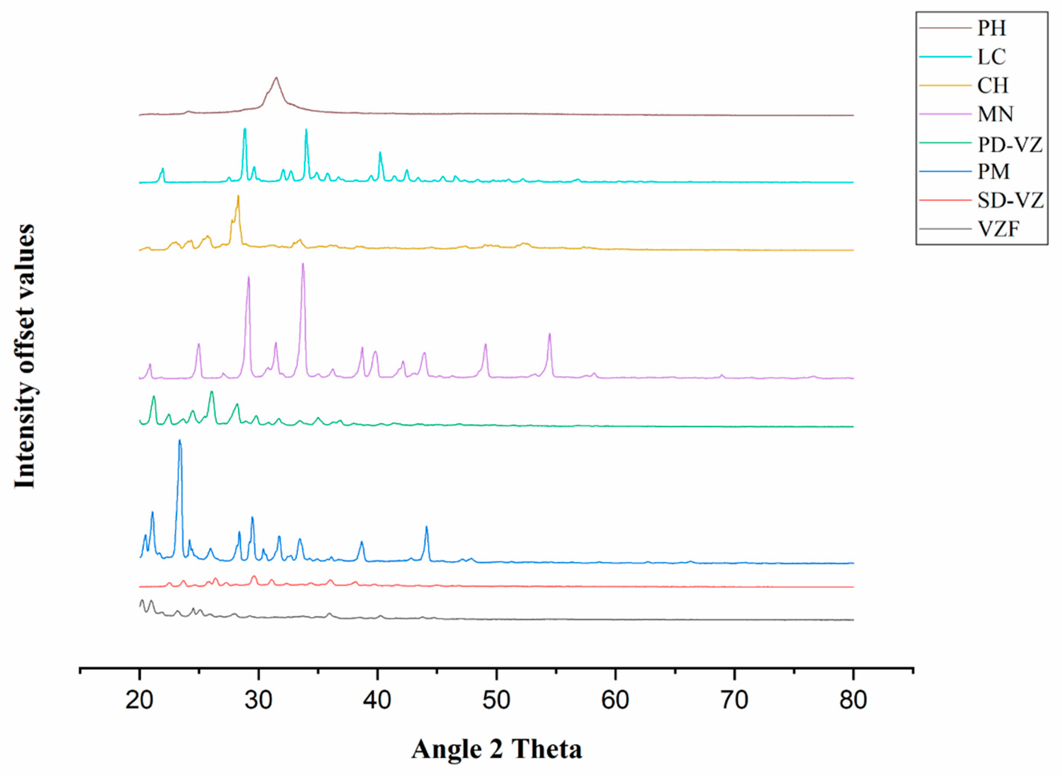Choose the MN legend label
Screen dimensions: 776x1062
point(995,114)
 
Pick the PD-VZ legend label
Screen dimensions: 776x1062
point(1010,143)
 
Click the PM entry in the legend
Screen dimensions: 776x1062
point(993,172)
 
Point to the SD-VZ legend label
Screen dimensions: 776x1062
point(1010,201)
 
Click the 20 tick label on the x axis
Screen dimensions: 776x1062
point(139,701)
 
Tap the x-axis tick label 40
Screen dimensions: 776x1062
point(377,701)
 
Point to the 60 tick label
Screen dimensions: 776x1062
point(615,701)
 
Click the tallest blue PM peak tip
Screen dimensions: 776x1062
point(179,441)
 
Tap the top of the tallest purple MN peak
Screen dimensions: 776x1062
point(303,263)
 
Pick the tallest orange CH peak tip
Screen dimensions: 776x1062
point(238,196)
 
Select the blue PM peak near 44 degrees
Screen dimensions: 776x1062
point(426,527)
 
